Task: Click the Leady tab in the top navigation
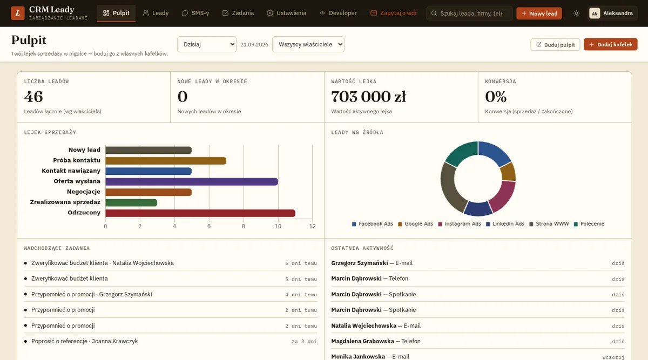click(x=156, y=13)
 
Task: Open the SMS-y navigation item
click(x=195, y=13)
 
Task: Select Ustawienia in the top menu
click(x=286, y=13)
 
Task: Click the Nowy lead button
click(x=539, y=13)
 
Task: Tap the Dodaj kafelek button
click(x=610, y=45)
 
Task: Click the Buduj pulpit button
click(x=555, y=45)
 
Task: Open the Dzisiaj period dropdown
click(x=206, y=44)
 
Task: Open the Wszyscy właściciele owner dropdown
click(x=308, y=44)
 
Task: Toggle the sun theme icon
click(x=576, y=13)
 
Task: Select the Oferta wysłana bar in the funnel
click(x=192, y=181)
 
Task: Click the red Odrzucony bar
click(x=200, y=213)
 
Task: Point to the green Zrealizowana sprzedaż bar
click(x=131, y=203)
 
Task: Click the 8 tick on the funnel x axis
click(x=244, y=226)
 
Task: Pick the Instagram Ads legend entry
click(x=460, y=224)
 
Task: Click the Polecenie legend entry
click(x=589, y=224)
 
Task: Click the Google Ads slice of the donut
click(x=508, y=172)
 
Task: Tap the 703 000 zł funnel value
click(x=368, y=97)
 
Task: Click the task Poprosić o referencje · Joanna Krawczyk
click(x=84, y=341)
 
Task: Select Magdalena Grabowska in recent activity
click(x=362, y=341)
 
